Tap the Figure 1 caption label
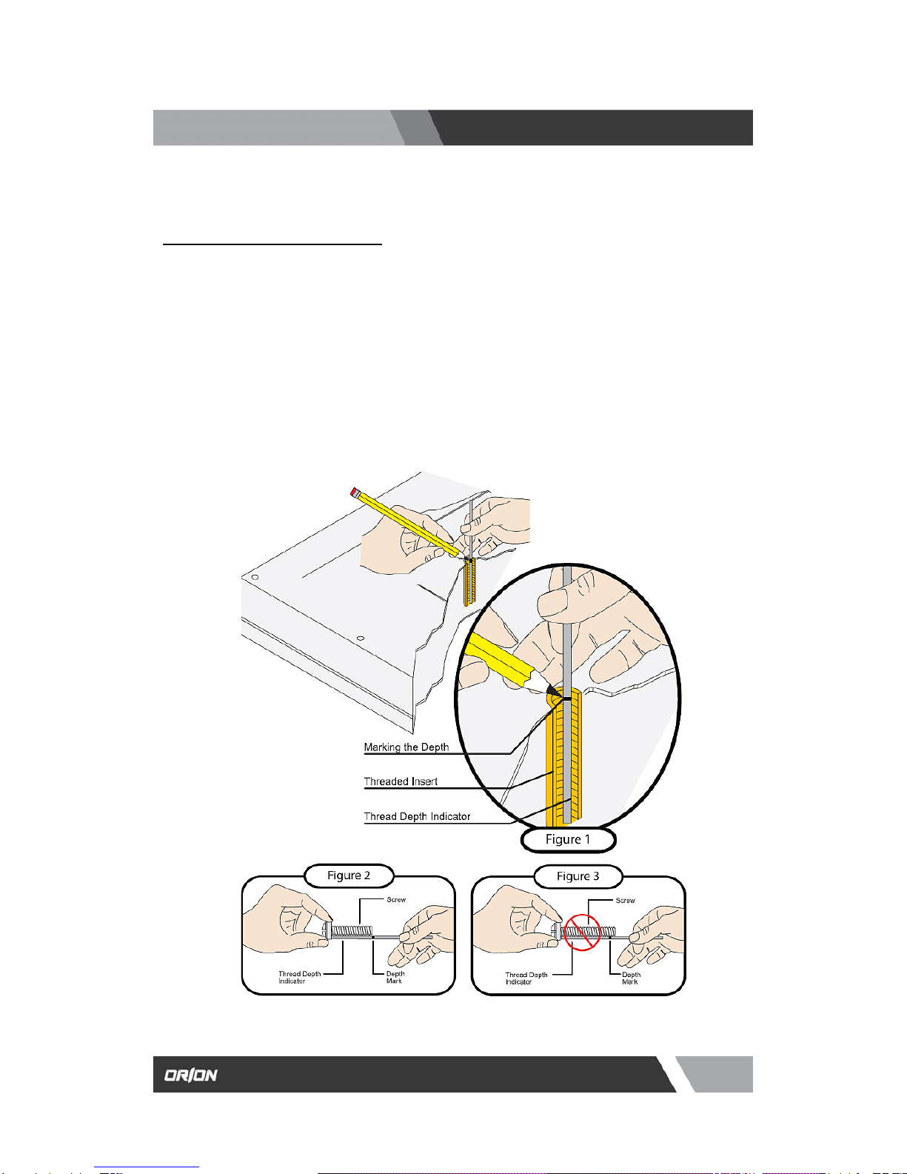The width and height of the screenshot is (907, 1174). (568, 839)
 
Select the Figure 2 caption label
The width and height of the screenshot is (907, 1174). (349, 876)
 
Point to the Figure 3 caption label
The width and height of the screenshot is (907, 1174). (578, 876)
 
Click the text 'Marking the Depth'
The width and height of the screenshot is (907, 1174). (406, 747)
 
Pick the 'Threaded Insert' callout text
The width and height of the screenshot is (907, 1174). (401, 781)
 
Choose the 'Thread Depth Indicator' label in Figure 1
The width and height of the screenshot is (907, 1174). (417, 816)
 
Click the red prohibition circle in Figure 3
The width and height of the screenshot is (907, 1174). (582, 933)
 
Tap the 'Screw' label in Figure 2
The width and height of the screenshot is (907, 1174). (396, 899)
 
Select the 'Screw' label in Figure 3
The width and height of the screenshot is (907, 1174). (625, 901)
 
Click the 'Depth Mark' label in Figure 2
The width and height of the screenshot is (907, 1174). (395, 977)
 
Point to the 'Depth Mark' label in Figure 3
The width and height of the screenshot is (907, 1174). (631, 978)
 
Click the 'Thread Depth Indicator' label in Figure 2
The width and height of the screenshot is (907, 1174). (300, 977)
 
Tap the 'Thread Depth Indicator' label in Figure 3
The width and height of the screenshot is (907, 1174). (526, 978)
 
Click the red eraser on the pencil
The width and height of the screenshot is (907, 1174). (355, 492)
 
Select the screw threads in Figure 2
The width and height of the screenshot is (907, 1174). (352, 931)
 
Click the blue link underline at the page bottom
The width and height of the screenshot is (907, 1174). (147, 1167)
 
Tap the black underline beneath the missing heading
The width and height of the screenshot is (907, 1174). (272, 244)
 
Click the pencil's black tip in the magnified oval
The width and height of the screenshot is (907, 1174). (553, 692)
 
